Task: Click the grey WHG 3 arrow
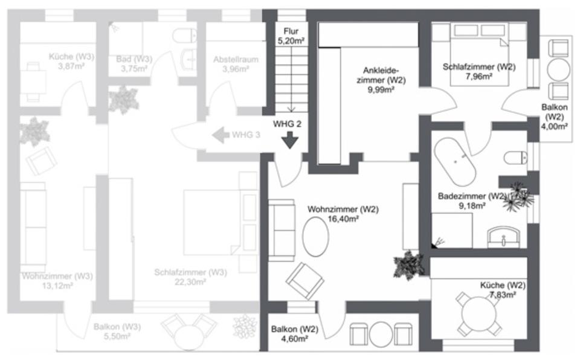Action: (219, 135)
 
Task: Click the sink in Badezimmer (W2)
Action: (503, 236)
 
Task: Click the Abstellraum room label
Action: (235, 60)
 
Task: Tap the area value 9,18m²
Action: (471, 205)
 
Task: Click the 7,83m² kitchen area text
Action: (503, 295)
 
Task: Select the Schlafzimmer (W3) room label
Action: (190, 272)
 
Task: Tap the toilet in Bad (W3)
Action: (182, 37)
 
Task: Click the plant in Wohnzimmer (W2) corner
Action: (408, 264)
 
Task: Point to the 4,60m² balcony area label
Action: (294, 340)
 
